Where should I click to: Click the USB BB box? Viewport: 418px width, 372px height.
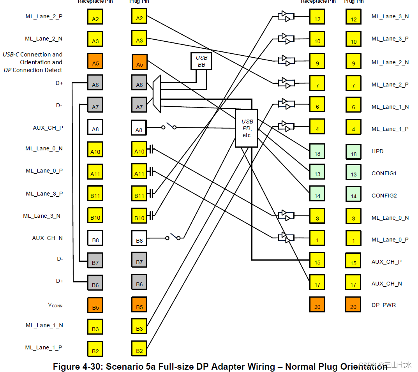(x=201, y=61)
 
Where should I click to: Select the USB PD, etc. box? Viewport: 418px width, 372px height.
(x=246, y=128)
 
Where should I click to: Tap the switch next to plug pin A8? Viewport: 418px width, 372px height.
(x=170, y=126)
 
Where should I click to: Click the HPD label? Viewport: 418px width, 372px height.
(x=377, y=151)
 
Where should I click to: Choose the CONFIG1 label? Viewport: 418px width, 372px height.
(x=384, y=173)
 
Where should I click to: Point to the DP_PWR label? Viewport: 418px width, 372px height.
(x=383, y=305)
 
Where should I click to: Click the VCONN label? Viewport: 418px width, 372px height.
(x=55, y=305)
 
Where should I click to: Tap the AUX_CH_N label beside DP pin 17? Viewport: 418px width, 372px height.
(x=386, y=284)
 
